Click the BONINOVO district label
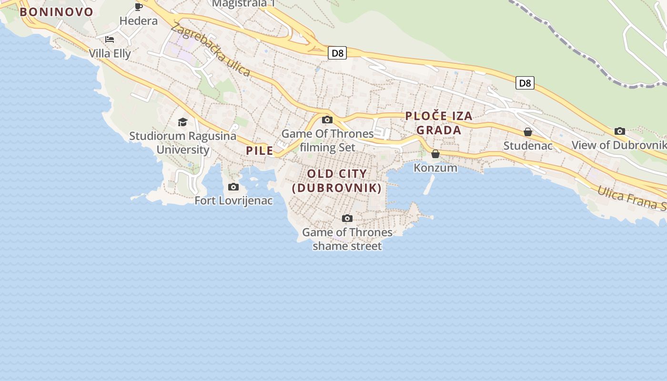57,12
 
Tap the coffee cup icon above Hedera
139,7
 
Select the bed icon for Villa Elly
110,40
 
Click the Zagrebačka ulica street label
210,50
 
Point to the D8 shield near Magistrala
337,53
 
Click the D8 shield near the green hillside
525,83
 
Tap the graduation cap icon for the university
182,122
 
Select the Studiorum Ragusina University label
183,143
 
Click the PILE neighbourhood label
260,151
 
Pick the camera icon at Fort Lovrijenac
233,187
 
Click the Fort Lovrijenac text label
233,201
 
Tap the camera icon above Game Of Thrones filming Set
327,120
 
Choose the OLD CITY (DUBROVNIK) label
337,181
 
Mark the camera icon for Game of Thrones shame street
347,218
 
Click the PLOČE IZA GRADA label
439,123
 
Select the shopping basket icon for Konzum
435,154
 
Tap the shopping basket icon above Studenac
527,132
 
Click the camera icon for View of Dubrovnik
620,131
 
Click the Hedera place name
139,20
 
